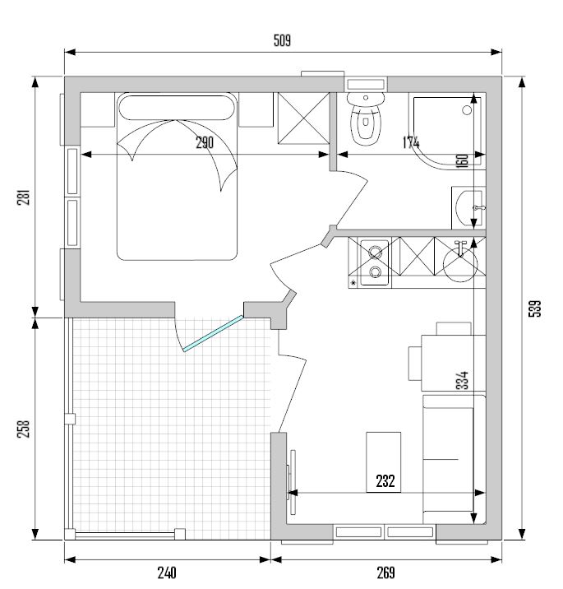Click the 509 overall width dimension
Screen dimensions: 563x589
tap(282, 40)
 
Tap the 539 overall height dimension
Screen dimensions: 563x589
tap(535, 308)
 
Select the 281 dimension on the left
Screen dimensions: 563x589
tap(23, 196)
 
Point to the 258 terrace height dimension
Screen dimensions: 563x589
tap(23, 429)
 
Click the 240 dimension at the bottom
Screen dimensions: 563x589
tap(167, 573)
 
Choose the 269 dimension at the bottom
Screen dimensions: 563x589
tap(385, 573)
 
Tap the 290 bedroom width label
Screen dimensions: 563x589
tap(205, 142)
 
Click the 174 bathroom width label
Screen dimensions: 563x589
tap(411, 142)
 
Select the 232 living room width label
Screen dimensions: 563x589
tap(385, 480)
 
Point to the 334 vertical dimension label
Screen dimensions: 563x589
tap(464, 380)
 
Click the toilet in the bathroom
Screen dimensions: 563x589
tap(366, 118)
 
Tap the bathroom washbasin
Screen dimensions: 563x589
tap(468, 208)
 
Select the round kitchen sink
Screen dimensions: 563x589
tap(460, 265)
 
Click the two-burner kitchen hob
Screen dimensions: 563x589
tap(374, 262)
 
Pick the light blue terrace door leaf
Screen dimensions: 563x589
tap(213, 333)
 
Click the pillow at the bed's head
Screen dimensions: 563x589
tap(177, 108)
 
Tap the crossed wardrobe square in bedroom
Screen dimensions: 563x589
tap(303, 118)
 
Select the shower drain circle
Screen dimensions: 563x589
tap(467, 110)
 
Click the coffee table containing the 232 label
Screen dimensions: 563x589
tap(383, 462)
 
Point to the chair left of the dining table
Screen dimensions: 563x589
tap(415, 364)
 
